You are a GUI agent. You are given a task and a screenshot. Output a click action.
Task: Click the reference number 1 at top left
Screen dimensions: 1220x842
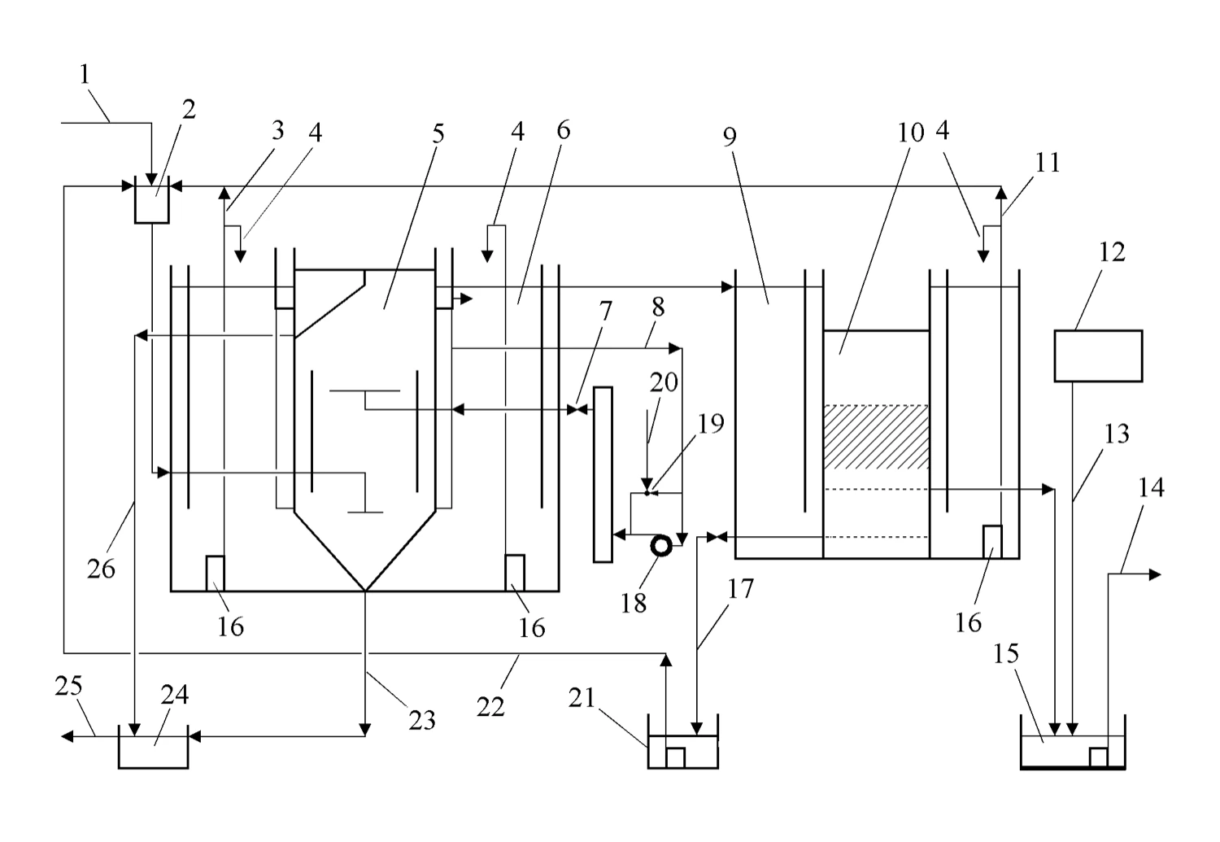(85, 75)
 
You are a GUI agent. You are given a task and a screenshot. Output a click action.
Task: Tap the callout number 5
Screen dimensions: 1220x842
(438, 134)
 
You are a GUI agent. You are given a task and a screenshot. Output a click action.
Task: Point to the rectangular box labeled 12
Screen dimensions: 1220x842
(1098, 356)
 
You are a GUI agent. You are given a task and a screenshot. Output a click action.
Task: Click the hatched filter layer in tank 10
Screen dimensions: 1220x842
(876, 437)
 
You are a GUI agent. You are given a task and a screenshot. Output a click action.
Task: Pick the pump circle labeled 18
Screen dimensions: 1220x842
(661, 546)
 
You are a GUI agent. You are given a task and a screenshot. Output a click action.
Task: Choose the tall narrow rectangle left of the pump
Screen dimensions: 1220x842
(603, 474)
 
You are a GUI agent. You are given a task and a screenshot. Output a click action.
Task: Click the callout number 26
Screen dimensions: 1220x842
(102, 569)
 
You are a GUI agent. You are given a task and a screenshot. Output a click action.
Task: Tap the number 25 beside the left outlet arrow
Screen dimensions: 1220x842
(68, 686)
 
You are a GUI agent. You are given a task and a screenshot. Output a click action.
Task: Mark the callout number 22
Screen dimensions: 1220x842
(490, 707)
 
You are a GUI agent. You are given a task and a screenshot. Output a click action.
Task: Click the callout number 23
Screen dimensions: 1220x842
(422, 721)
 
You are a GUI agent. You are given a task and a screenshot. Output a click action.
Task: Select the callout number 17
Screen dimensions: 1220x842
(741, 589)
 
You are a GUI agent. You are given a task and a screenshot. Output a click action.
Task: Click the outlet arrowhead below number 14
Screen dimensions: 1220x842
(1155, 574)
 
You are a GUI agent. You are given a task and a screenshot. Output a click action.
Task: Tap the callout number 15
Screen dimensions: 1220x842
(1006, 653)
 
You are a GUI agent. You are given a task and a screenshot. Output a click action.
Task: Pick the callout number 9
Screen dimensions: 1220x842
(730, 137)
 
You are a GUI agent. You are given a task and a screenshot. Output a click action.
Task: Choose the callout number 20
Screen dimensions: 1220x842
(664, 382)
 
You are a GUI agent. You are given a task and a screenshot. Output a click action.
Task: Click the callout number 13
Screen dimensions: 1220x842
(1117, 434)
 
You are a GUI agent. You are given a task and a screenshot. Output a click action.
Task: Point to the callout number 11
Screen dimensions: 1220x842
(1048, 163)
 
